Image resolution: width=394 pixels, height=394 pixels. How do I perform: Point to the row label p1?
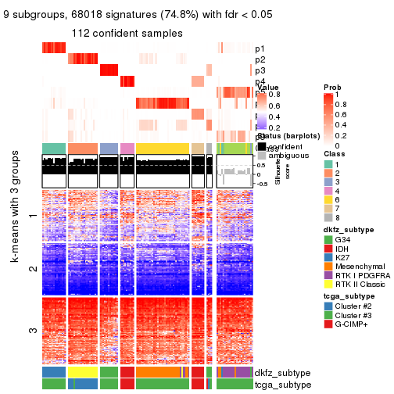click(x=260, y=48)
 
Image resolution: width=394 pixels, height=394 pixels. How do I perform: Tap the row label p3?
click(x=260, y=70)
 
